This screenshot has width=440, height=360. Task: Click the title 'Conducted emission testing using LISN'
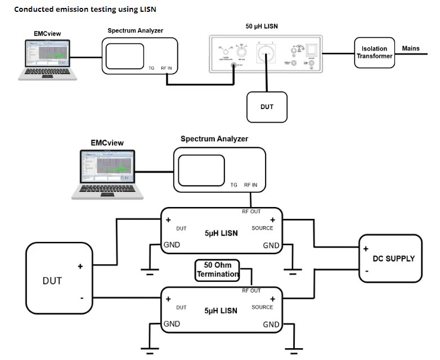tap(85, 10)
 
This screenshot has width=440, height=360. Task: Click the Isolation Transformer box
tap(374, 52)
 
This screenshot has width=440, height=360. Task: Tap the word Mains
tap(411, 48)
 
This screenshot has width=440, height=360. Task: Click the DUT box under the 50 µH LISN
tap(267, 106)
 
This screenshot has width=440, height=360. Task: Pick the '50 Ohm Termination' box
tap(217, 269)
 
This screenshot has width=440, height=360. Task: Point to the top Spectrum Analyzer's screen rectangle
tap(124, 55)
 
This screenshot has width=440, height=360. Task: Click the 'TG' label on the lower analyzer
tap(234, 184)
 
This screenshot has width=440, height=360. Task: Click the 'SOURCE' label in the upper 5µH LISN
tap(262, 228)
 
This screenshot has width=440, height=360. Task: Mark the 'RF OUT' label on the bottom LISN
tap(251, 291)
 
